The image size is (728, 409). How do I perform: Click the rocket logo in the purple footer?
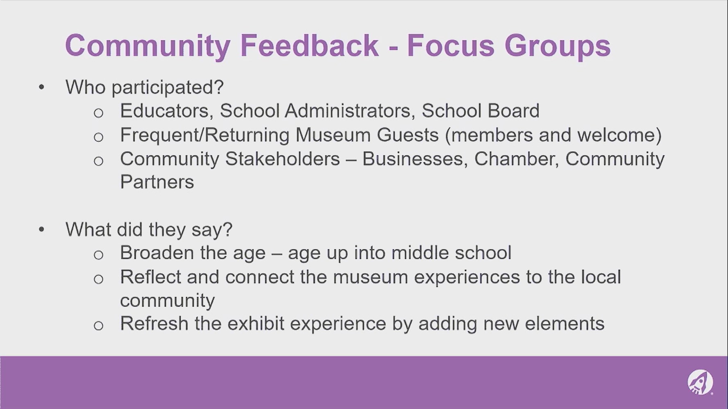pos(700,382)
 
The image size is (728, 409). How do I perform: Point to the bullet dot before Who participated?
pos(41,87)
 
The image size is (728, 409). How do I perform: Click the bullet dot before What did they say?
pos(41,229)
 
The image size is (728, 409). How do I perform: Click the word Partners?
pos(157,182)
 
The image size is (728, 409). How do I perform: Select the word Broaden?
pos(157,253)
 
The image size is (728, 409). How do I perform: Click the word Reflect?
pos(150,277)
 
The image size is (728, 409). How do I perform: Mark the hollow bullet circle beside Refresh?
pos(98,326)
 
